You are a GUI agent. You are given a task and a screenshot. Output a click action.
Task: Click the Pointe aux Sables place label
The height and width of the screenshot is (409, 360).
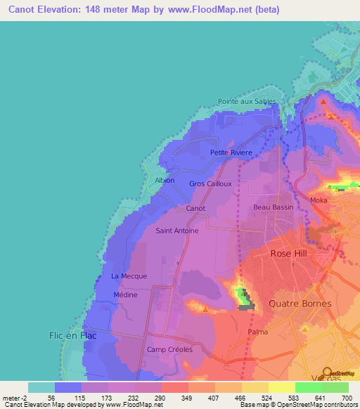tap(247, 101)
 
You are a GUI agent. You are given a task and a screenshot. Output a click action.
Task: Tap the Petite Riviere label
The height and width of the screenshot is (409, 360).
tap(230, 152)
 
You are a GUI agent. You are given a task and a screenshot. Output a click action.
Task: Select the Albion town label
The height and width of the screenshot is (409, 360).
tap(165, 181)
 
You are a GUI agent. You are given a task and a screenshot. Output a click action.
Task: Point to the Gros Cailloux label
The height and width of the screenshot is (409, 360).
tap(210, 184)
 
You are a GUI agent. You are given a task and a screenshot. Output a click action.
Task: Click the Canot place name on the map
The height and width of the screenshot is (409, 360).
tap(195, 209)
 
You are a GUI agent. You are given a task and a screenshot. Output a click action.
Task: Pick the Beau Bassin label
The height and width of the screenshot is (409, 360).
tap(272, 207)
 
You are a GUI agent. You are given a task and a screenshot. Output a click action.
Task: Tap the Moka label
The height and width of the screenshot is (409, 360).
tap(319, 201)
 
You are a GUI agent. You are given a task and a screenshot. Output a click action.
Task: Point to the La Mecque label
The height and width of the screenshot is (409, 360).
tap(129, 276)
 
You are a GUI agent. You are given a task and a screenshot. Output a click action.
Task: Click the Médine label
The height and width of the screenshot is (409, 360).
tap(125, 295)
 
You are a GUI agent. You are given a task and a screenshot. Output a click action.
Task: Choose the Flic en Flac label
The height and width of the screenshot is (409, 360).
tap(72, 336)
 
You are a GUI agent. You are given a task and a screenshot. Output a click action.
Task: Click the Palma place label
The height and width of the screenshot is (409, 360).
tap(258, 331)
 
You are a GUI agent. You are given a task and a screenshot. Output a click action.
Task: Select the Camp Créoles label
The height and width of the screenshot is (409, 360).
tap(169, 349)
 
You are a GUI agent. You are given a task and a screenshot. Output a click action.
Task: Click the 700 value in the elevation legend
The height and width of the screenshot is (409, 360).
tap(347, 398)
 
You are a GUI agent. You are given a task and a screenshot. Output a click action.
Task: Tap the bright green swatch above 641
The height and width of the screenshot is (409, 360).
tap(308, 387)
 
